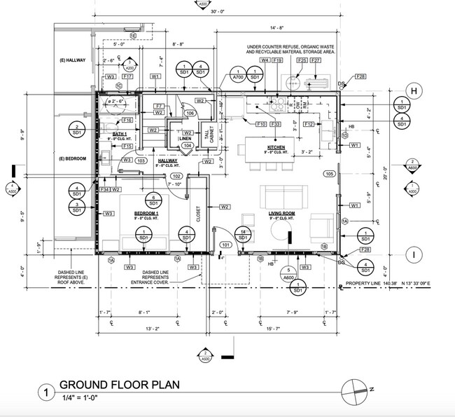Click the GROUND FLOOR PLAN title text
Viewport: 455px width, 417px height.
point(119,385)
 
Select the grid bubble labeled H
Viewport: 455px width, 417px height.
point(414,90)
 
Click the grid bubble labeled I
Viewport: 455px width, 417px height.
point(414,254)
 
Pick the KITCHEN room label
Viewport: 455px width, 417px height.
point(276,148)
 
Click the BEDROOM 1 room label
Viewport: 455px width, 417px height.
point(147,212)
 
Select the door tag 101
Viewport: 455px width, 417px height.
point(225,245)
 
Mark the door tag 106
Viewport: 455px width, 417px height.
point(189,113)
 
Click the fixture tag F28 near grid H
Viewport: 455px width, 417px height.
point(361,76)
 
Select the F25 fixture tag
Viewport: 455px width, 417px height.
point(302,61)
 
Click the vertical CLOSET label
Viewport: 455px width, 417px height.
point(198,211)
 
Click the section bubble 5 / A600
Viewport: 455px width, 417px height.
point(288,273)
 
